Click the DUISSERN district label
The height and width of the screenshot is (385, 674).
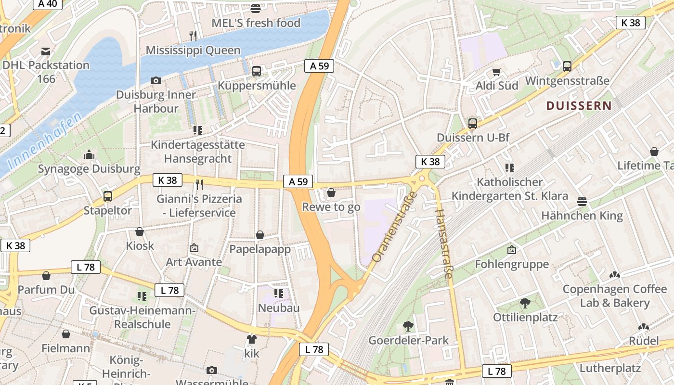coord(579,106)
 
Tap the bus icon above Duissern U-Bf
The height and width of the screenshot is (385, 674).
coord(473,124)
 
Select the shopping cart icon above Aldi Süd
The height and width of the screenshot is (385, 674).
coord(497,72)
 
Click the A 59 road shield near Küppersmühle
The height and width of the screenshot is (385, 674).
coord(319,66)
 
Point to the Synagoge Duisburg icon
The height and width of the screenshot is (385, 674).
coord(89,155)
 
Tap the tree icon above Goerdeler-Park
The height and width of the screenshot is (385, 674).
coord(408,326)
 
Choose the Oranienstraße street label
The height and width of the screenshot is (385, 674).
coord(394,226)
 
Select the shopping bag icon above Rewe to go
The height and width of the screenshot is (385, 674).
coord(331,193)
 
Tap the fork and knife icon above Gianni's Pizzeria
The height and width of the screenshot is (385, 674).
coord(199,185)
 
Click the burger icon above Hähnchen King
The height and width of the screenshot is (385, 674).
coord(582,201)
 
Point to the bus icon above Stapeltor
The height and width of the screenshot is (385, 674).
coord(108,196)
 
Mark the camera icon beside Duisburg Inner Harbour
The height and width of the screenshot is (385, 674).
coord(156,80)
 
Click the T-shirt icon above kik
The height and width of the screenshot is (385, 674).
coord(251,339)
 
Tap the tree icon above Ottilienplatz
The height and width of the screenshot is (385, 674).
coord(525,303)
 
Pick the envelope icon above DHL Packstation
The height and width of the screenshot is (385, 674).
coord(46,51)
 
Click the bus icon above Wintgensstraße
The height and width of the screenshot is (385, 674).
coord(567,66)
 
